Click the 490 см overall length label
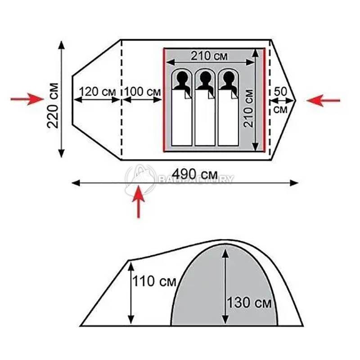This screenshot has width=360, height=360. pos(194,175)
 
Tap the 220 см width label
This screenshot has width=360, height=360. pos(53,105)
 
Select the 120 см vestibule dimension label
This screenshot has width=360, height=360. pos(97,92)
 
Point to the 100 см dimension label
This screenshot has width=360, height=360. pos(143,92)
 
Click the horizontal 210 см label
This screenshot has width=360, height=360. pos(209,56)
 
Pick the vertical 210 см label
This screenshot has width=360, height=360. pos(249,108)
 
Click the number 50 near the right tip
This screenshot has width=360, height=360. pos(280,92)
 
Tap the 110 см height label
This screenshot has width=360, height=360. pos(154,281)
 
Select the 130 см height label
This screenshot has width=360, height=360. pos(249,302)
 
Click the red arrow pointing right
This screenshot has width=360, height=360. pos(27,99)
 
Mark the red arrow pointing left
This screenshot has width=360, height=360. pos(323,100)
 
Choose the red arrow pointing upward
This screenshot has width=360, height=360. pos(139,202)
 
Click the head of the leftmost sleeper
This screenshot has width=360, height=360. pos(182,78)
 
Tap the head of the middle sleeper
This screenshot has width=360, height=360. pos(205,78)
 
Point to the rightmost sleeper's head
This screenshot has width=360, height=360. pos(229,78)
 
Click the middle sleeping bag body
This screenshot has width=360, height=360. pos(205,117)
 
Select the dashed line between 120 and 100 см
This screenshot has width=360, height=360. pos(121,99)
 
